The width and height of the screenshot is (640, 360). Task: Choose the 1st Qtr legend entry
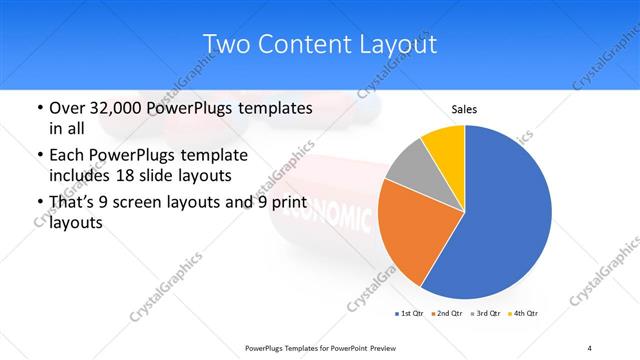[410, 315]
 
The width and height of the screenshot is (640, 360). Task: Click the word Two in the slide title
[226, 44]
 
